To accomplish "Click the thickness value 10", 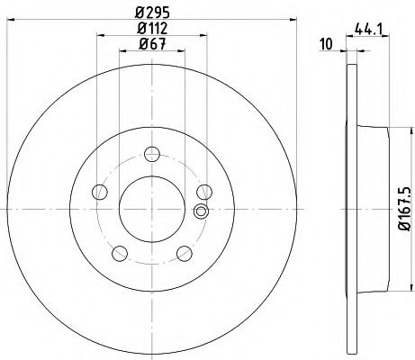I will pyautogui.click(x=328, y=41).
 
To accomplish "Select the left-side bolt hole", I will pyautogui.click(x=99, y=190).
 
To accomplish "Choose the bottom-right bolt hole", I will pyautogui.click(x=184, y=252).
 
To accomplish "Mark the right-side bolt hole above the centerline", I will pyautogui.click(x=204, y=190).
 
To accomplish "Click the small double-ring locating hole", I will pyautogui.click(x=201, y=211).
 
